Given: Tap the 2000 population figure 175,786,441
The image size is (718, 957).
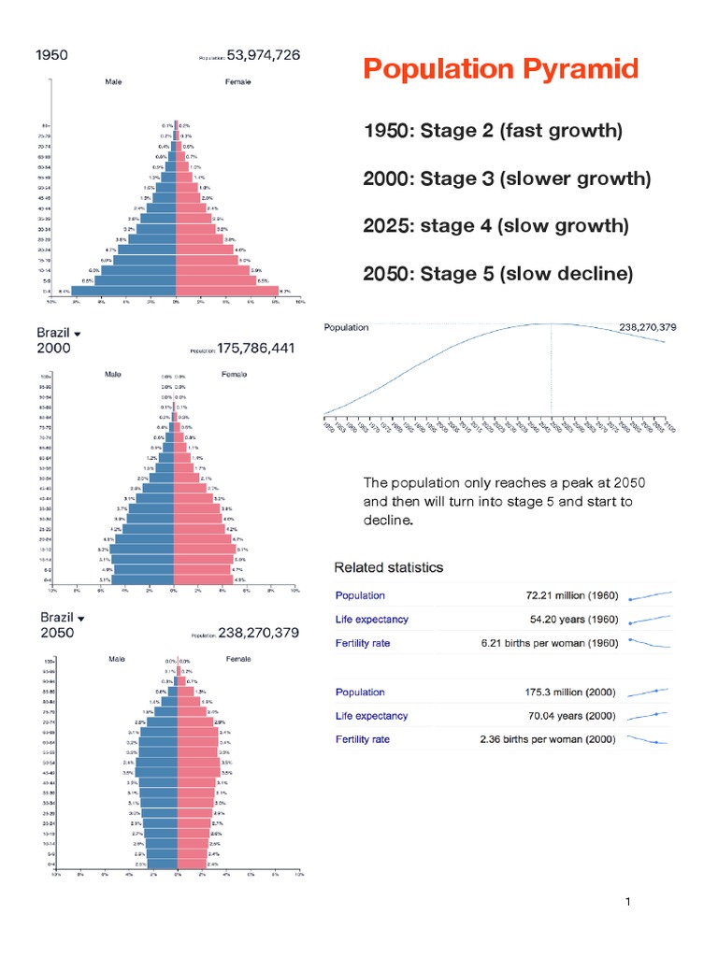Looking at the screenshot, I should (256, 348).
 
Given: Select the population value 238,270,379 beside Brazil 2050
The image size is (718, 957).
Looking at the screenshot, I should (258, 633).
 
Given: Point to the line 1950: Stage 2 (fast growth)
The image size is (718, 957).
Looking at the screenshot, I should (492, 131).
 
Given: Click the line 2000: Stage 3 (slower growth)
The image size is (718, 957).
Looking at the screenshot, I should (507, 179).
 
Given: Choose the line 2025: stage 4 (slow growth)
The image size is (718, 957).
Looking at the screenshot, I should (495, 226).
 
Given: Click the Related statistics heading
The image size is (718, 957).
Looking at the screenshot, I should (389, 567).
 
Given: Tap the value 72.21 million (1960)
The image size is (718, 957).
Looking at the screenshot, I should (569, 595).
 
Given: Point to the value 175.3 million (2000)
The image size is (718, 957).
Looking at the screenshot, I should (569, 693).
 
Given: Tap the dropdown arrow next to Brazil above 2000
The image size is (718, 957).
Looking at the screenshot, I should (78, 334).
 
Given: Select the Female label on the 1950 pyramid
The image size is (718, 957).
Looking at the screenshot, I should (237, 81).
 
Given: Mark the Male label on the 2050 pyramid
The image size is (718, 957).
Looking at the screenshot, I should (117, 659).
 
